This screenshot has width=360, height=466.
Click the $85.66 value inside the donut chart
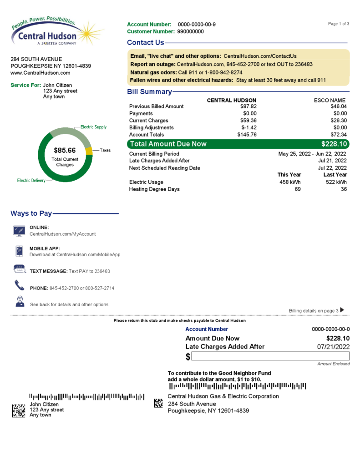click(x=65, y=150)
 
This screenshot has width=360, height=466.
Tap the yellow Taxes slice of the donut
click(x=90, y=151)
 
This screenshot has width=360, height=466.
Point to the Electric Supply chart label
click(x=93, y=127)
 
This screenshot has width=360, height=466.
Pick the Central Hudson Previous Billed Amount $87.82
click(x=248, y=106)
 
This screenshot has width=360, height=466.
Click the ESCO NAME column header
click(x=330, y=100)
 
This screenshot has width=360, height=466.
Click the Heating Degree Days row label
click(x=154, y=189)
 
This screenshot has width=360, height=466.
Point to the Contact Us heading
click(x=145, y=43)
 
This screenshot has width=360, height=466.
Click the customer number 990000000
click(x=190, y=31)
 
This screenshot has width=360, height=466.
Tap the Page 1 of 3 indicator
click(x=338, y=24)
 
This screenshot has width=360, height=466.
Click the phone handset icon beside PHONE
click(x=19, y=285)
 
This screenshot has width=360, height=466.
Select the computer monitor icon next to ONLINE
click(x=19, y=231)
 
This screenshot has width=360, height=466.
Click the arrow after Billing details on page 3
click(x=342, y=310)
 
